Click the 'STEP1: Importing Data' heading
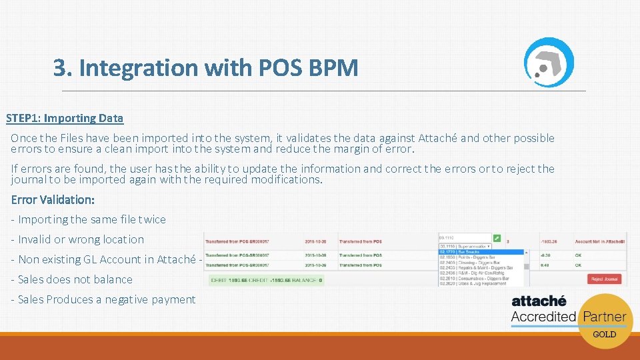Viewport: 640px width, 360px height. pos(65,118)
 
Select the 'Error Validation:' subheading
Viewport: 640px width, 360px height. pos(53,199)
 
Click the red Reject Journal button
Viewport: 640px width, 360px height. pos(604,279)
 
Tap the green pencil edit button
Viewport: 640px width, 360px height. pos(497,237)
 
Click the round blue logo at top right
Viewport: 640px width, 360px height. pos(548,62)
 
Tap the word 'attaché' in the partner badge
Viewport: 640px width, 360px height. pos(539,301)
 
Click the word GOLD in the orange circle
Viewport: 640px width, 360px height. pos(604,334)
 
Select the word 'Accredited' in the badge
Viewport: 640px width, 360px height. pos(543,317)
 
